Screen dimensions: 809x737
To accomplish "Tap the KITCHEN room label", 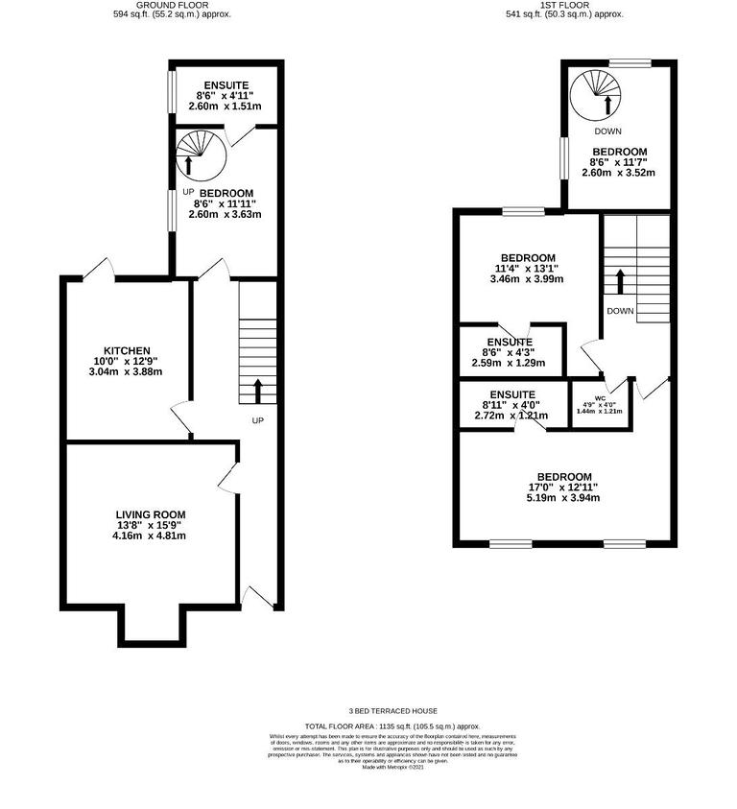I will [128, 350].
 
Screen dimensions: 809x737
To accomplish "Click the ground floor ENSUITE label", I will [225, 84].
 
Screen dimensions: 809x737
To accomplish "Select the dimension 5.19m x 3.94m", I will [563, 498].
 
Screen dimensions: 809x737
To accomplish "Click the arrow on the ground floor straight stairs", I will [257, 390].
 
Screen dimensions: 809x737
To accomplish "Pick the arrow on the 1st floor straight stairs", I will [620, 281].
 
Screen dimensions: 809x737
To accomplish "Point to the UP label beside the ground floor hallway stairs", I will [257, 420].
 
